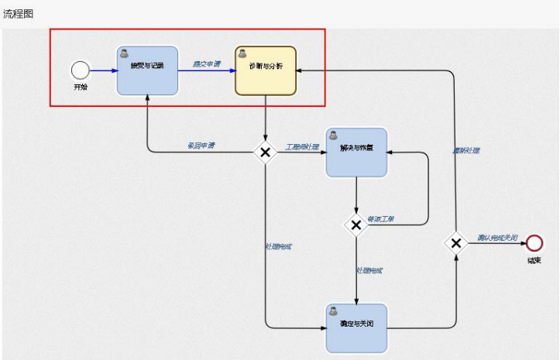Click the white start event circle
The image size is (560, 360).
tap(80, 70)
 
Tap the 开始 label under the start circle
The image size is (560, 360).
tap(81, 87)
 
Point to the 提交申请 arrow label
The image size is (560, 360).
tap(207, 64)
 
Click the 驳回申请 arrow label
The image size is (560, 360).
tap(201, 145)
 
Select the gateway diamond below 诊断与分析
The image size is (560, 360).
tap(266, 153)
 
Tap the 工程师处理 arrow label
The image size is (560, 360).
tap(302, 146)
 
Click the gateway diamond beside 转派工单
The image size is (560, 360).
tap(356, 225)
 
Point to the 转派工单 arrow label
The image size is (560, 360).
tap(381, 219)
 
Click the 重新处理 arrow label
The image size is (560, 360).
tap(466, 149)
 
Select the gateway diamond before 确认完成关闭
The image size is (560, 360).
tap(456, 243)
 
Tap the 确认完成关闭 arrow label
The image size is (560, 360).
tap(496, 238)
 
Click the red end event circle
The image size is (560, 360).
tap(534, 243)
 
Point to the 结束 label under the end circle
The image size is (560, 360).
tap(534, 260)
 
